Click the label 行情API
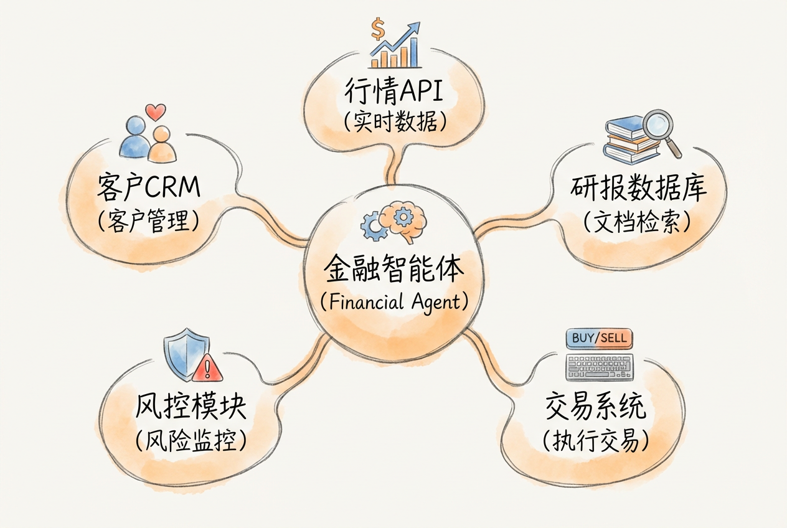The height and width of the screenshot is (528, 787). click(394, 92)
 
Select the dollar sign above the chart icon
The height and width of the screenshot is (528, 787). click(377, 28)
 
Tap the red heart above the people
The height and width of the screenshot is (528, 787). click(156, 112)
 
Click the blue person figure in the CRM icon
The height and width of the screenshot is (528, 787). click(134, 138)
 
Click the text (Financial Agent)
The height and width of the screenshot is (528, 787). click(394, 302)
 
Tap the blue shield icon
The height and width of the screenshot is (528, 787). click(186, 355)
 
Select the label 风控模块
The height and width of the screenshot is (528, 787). click(191, 408)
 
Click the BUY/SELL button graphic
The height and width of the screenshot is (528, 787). click(598, 339)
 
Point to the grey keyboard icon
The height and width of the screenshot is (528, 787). click(598, 367)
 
